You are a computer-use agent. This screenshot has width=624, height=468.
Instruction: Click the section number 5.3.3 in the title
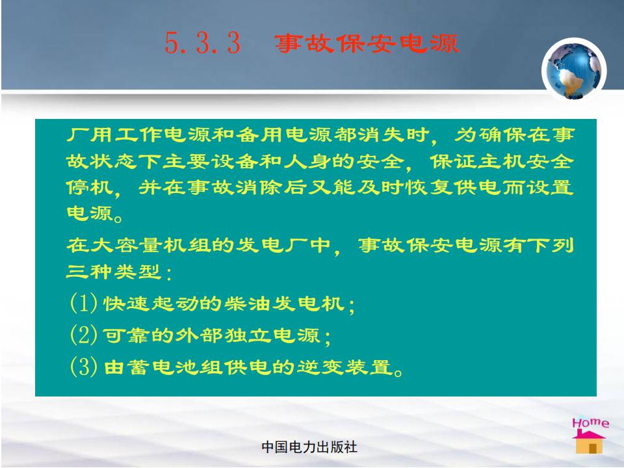tap(203, 43)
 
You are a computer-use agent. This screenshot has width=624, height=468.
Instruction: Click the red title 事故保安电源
tap(367, 43)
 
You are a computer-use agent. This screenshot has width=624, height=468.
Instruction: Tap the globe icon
tap(573, 70)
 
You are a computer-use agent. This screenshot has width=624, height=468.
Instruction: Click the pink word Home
tap(590, 422)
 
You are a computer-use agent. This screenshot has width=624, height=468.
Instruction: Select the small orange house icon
tap(589, 442)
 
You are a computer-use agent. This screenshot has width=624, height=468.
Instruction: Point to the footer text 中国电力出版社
tap(309, 447)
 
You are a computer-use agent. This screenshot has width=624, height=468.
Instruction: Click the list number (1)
tap(84, 303)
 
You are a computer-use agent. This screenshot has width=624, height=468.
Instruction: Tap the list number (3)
tap(84, 366)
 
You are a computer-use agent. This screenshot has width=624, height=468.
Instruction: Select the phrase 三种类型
tap(114, 272)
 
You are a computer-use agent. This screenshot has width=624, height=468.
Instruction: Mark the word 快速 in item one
tap(127, 304)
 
